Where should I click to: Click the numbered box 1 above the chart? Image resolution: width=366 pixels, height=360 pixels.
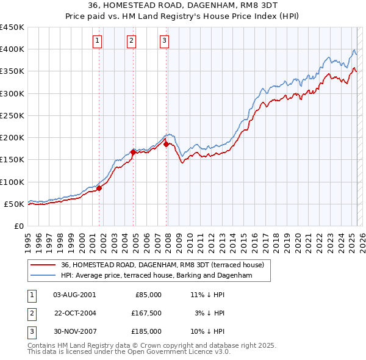(98, 41)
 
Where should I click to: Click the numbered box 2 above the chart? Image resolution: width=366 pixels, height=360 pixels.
(131, 41)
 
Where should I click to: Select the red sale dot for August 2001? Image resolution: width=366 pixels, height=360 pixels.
(99, 188)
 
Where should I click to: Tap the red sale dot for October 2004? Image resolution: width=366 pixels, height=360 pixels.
(134, 152)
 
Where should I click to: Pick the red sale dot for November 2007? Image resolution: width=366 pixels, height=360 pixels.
(167, 144)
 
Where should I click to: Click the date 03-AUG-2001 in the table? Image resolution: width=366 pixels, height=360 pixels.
(74, 295)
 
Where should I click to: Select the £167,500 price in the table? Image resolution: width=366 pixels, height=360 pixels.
(146, 313)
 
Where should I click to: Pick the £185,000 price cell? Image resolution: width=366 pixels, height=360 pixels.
(146, 331)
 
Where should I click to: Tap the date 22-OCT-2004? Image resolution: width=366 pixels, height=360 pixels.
(74, 313)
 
